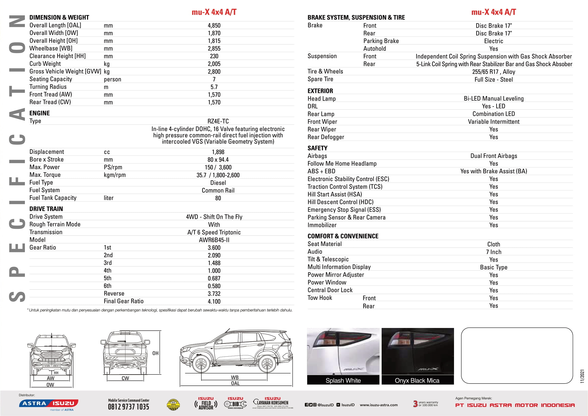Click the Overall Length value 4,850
(214, 26)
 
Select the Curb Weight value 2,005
(214, 64)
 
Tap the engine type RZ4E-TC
(218, 121)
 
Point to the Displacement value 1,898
(218, 152)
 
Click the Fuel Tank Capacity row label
(53, 198)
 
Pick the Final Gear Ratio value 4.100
(214, 302)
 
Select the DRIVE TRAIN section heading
(46, 209)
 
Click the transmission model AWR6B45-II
(214, 240)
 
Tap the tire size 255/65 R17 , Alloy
(493, 72)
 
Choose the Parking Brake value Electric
(493, 41)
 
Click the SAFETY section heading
(317, 148)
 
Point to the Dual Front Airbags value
(493, 156)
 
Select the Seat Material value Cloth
(493, 244)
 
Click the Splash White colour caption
(343, 381)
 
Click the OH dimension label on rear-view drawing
(155, 353)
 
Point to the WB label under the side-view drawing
(235, 378)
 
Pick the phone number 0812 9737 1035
(128, 407)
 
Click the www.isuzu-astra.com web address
(379, 405)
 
